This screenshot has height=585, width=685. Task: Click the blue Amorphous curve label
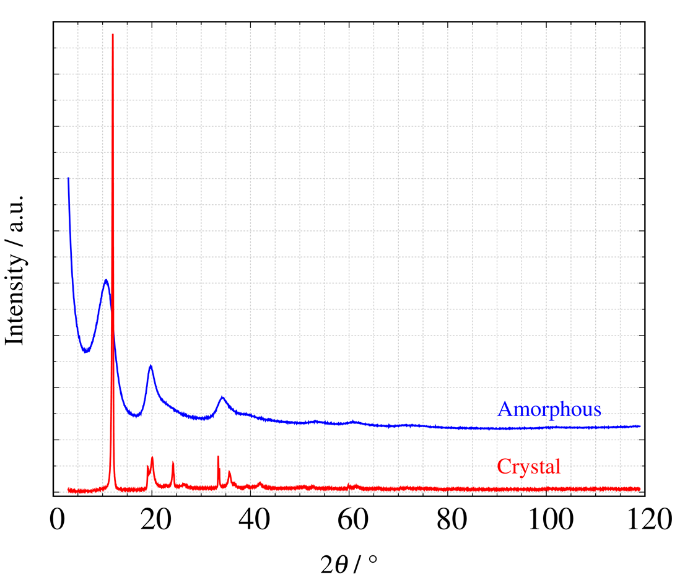point(549,409)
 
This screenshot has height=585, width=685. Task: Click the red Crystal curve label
point(528,466)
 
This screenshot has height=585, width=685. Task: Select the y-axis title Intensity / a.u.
point(15,269)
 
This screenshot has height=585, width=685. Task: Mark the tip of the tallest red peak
point(113,35)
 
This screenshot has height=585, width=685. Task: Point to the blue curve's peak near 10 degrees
point(106,280)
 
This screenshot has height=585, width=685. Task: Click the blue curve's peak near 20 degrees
point(151,365)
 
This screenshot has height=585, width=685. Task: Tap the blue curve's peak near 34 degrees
point(222,397)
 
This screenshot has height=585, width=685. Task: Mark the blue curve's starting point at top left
point(68,178)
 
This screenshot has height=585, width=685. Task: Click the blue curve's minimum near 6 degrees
point(86,352)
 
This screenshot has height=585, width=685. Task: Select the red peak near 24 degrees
point(173,463)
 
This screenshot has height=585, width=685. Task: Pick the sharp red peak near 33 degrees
point(218,457)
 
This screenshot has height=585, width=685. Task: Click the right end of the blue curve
point(639,426)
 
